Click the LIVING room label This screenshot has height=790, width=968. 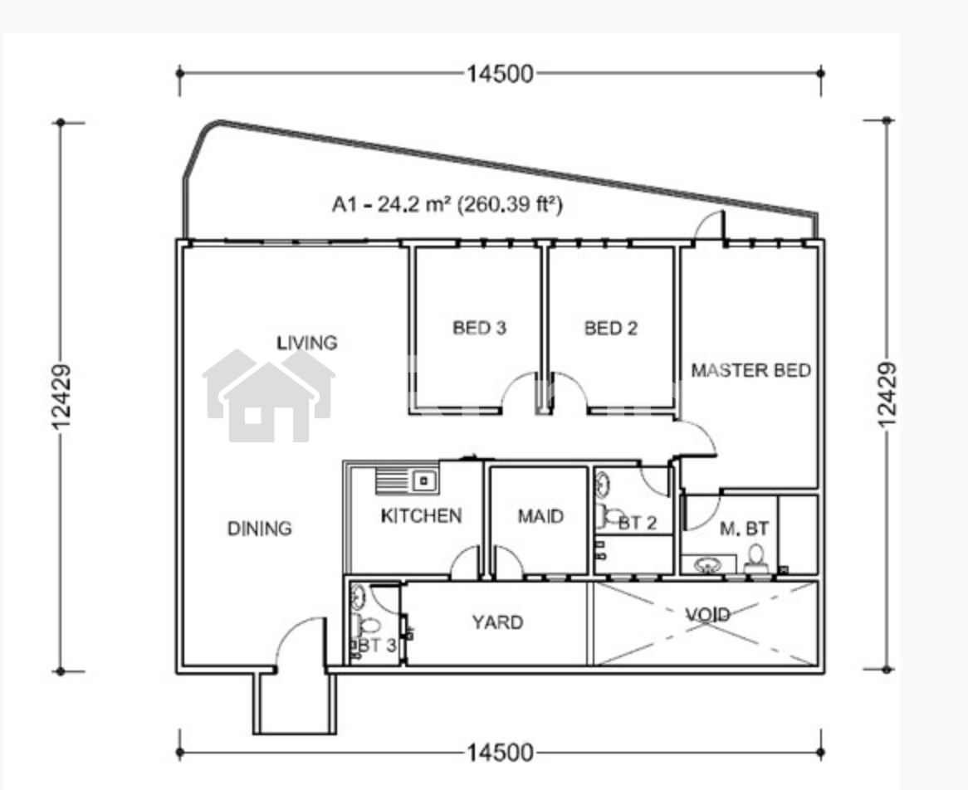(x=307, y=343)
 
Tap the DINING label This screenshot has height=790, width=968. (x=259, y=529)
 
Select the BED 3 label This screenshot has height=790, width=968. (x=479, y=327)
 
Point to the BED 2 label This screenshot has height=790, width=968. (x=610, y=328)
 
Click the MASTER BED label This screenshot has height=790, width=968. (x=750, y=370)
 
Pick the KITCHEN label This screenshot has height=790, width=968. (x=421, y=515)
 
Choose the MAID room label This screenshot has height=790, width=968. (x=540, y=515)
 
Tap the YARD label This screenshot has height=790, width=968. (x=497, y=622)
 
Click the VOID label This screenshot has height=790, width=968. (x=707, y=614)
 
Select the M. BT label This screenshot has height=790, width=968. (x=745, y=529)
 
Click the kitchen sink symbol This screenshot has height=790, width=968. (x=407, y=480)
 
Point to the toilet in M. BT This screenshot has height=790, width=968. (x=755, y=560)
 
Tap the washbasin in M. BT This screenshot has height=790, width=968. (x=707, y=564)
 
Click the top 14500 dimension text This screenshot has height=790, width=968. (x=500, y=74)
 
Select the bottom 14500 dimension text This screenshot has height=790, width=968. (x=500, y=753)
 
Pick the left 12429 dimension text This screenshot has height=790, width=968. (x=61, y=396)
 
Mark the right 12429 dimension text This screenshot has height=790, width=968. (x=887, y=394)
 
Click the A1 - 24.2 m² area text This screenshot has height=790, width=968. (x=447, y=203)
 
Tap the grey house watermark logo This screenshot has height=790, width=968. (x=269, y=396)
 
